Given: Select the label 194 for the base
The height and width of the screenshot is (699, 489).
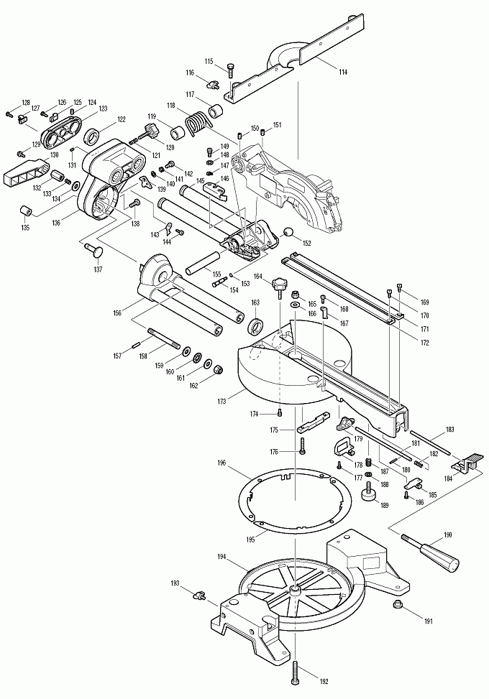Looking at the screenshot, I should (221, 557).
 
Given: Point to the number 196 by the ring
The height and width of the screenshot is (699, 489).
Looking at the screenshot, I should (221, 464).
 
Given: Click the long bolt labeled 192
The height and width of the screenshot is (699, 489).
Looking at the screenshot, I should (295, 671).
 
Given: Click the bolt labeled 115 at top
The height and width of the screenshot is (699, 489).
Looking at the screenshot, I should (229, 70).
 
